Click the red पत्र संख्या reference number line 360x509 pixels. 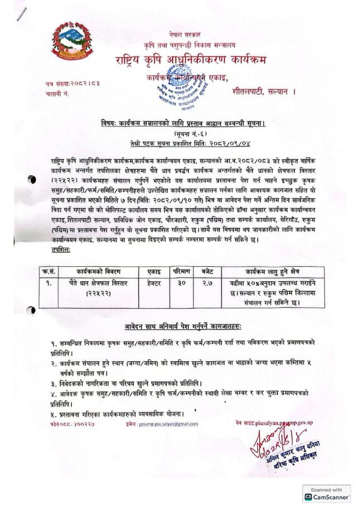pyautogui.click(x=66, y=84)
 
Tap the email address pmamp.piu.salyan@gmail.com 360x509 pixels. pyautogui.click(x=170, y=424)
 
